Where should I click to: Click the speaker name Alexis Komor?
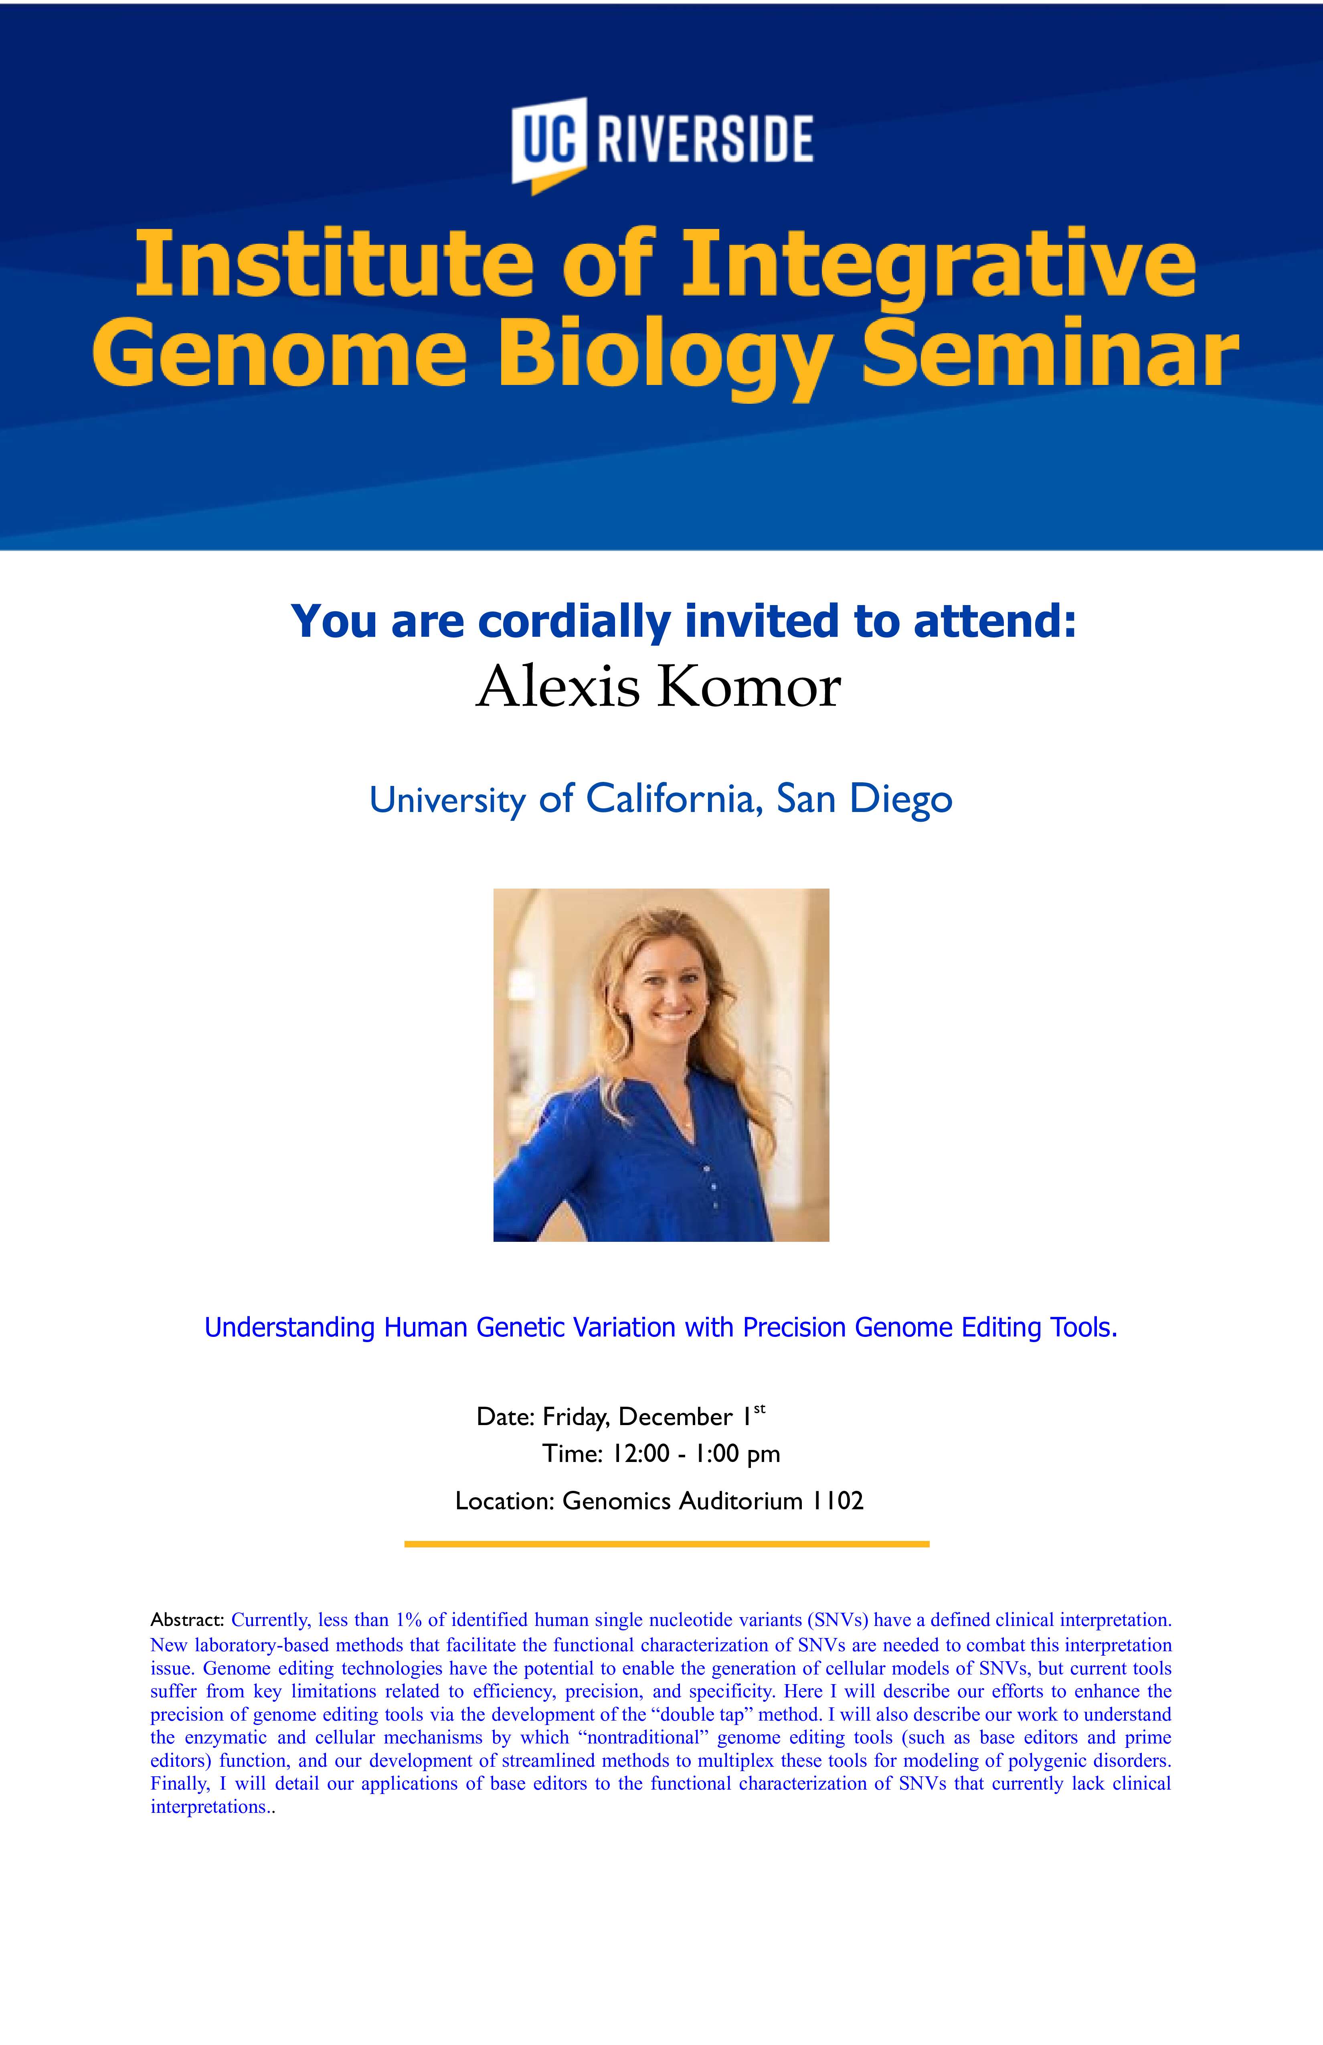tap(658, 687)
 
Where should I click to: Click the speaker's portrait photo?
tap(661, 1065)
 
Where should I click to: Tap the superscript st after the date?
tap(759, 1409)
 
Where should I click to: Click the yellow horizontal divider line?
tap(667, 1544)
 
